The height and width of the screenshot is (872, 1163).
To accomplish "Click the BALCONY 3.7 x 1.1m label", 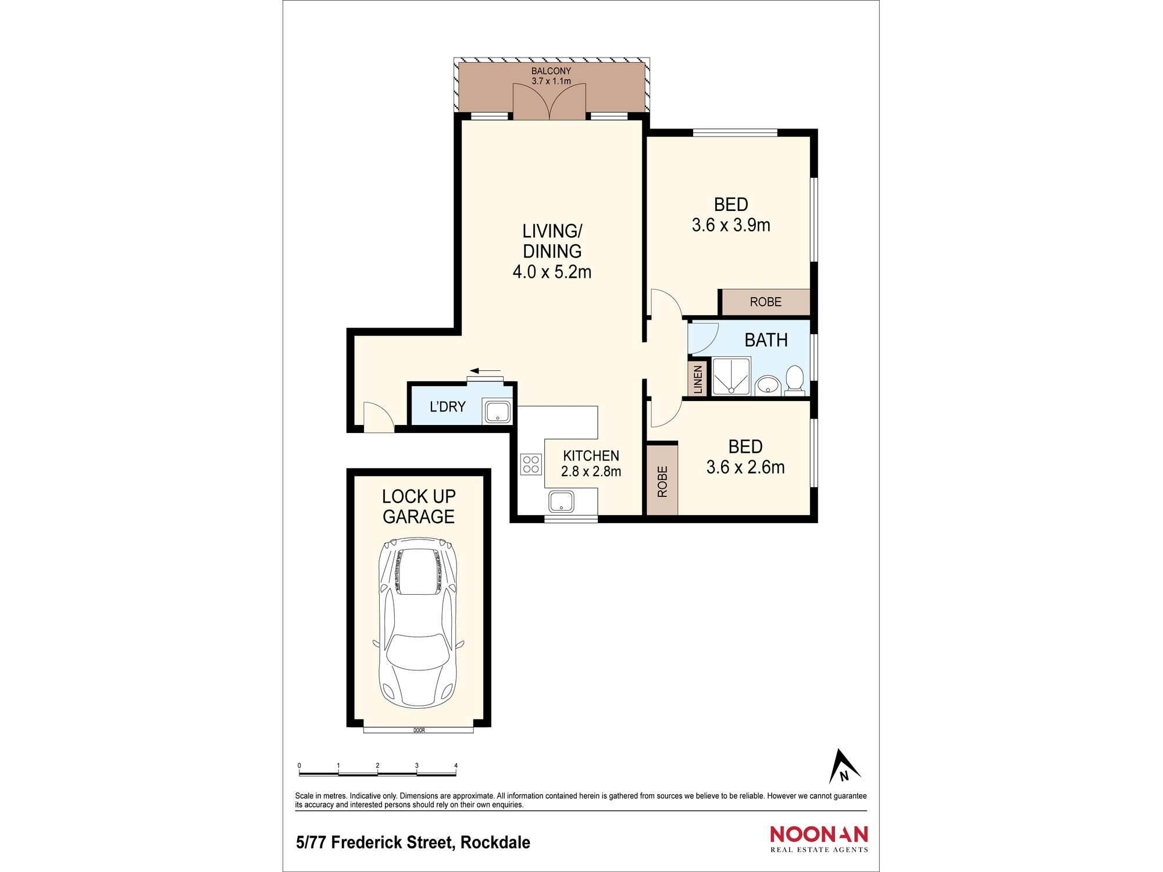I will pos(551,76).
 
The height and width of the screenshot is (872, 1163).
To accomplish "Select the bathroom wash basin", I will pos(768,385).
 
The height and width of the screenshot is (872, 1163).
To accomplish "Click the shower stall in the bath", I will pos(731,376).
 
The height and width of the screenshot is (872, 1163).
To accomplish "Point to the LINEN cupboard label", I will pos(698,379).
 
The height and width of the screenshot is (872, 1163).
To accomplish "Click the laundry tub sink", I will pos(497,412).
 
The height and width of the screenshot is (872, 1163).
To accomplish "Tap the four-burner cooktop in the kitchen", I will pos(530,464).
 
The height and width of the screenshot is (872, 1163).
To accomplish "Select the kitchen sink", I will pos(561,501).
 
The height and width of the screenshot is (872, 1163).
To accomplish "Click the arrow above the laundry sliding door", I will pos(485,370).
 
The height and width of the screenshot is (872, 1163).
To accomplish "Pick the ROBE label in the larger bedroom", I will pos(765,302).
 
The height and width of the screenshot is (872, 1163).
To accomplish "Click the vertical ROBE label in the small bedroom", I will pos(662,481).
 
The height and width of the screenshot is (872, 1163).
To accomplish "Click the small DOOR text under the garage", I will pos(419,730).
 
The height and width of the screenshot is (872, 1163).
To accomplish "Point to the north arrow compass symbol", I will pos(843,767).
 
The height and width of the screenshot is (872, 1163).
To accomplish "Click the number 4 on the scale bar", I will pos(455,766).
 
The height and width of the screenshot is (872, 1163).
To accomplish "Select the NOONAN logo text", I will pos(819,834).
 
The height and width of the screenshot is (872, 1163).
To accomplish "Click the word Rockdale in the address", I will pos(495,842).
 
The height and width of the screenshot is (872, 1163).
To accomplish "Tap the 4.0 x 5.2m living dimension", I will pos(552,271).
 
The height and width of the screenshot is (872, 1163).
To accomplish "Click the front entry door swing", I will pos(378,417).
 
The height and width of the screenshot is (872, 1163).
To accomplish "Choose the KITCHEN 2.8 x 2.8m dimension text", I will pos(591,471).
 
